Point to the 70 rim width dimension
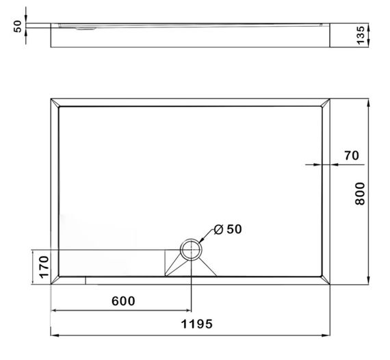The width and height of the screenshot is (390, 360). point(352,155)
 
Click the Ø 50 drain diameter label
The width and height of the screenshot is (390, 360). point(228,229)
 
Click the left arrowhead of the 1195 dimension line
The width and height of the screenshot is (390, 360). point(54,335)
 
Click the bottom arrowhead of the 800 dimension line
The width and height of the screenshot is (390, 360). point(369,281)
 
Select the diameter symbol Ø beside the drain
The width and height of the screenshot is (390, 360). point(218,229)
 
